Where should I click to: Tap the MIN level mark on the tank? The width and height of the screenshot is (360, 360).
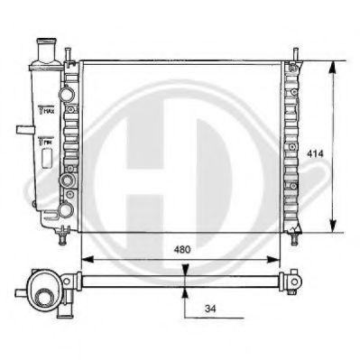point(45,141)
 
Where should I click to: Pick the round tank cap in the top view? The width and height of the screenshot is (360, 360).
point(42,293)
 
